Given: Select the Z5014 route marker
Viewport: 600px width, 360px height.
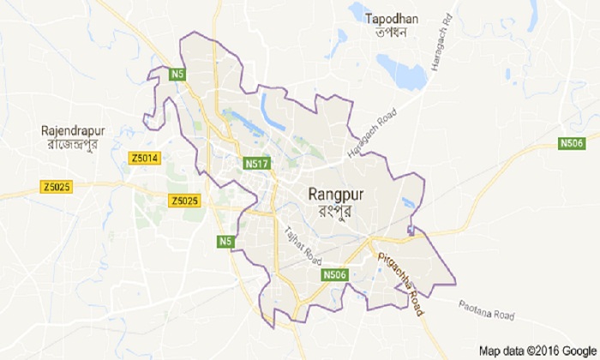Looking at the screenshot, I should point(146,159).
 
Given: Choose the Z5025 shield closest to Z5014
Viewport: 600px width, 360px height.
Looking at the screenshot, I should point(184,201).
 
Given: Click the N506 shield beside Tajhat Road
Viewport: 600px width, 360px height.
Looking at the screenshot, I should point(334,274).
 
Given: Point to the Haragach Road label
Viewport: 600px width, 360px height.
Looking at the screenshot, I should point(373,135).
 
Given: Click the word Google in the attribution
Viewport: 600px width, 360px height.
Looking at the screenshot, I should point(579,351).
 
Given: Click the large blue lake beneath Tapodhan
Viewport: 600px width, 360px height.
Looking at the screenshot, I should point(403,70).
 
